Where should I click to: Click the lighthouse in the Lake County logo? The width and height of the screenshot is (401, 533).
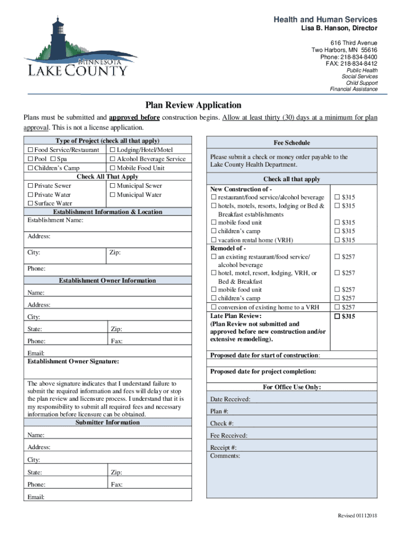click(58, 36)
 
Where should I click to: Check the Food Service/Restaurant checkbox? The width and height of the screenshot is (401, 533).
click(30, 150)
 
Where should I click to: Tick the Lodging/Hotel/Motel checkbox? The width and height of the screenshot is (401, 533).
click(112, 150)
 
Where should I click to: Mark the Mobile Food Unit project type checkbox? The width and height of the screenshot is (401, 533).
click(112, 168)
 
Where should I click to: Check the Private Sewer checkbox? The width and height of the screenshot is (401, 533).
click(30, 186)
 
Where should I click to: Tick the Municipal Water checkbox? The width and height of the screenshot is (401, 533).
click(112, 195)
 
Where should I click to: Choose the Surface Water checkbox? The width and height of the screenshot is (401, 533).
click(30, 204)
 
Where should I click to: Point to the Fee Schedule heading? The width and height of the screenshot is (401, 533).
click(292, 143)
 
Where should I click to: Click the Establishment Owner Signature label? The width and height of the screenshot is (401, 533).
click(73, 361)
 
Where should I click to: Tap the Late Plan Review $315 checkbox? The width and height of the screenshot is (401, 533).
click(337, 316)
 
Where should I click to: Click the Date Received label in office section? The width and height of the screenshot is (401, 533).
click(230, 399)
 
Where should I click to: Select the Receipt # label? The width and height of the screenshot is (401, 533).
click(223, 448)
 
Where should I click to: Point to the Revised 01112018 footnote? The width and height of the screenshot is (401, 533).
click(358, 515)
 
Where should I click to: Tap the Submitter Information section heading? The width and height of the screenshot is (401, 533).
click(107, 422)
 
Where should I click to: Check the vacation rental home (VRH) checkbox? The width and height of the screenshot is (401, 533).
click(214, 240)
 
